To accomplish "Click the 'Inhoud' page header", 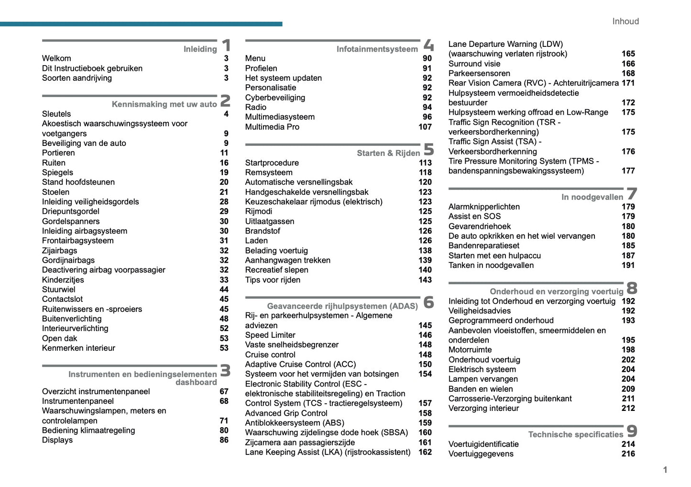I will [625, 22].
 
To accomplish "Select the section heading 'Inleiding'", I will [200, 49].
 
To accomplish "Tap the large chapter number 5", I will [428, 149].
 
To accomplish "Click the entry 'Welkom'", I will [56, 58].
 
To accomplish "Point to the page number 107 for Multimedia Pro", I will [425, 127].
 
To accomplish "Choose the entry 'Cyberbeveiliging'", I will [275, 98].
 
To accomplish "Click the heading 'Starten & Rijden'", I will [388, 153].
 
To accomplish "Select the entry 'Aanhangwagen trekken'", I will [287, 260].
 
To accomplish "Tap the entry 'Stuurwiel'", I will [58, 289].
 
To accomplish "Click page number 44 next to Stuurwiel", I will [224, 289].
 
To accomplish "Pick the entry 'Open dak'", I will [59, 338].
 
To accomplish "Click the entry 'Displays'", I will [57, 440].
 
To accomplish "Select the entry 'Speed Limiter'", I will [270, 335].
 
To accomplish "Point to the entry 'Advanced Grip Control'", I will [286, 413].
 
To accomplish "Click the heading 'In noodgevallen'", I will [592, 197].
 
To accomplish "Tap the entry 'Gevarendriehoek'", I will [479, 226].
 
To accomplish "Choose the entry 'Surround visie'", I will [474, 64].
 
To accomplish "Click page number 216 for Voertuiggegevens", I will [628, 454].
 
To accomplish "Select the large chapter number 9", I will [632, 431].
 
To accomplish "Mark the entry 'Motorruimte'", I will [470, 350].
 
